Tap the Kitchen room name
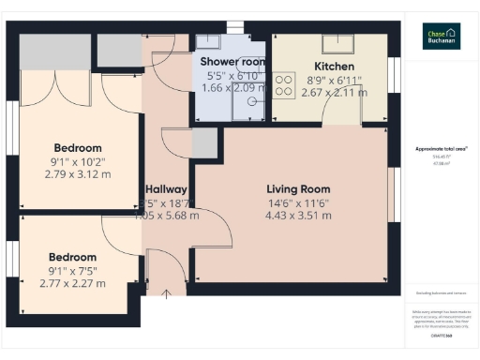point(334,67)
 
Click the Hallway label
point(166,188)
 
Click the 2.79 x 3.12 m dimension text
point(77,175)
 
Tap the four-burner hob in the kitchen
point(283,86)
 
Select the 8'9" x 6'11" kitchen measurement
point(334,82)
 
